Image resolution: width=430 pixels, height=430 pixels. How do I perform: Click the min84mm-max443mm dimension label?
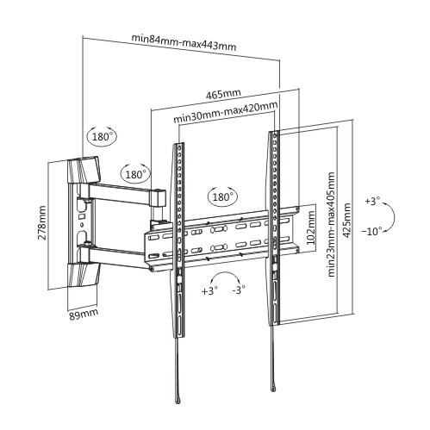pyautogui.click(x=184, y=40)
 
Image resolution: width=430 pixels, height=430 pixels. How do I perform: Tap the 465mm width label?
pyautogui.click(x=223, y=93)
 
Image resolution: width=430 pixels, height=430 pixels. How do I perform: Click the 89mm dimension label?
pyautogui.click(x=83, y=312)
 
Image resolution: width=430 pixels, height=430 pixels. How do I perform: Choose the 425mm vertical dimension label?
pyautogui.click(x=346, y=221)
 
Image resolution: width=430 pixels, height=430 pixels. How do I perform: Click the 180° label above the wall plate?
pyautogui.click(x=102, y=136)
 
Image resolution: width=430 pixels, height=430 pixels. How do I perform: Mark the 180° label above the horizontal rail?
pyautogui.click(x=222, y=196)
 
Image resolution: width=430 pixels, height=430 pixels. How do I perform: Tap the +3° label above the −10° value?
pyautogui.click(x=371, y=201)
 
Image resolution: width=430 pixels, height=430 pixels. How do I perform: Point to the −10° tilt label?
pyautogui.click(x=372, y=232)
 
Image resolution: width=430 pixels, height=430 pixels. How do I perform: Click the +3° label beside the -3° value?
pyautogui.click(x=209, y=290)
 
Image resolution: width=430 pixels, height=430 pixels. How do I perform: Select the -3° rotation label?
pyautogui.click(x=239, y=290)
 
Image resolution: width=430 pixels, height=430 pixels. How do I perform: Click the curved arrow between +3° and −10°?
pyautogui.click(x=389, y=215)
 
